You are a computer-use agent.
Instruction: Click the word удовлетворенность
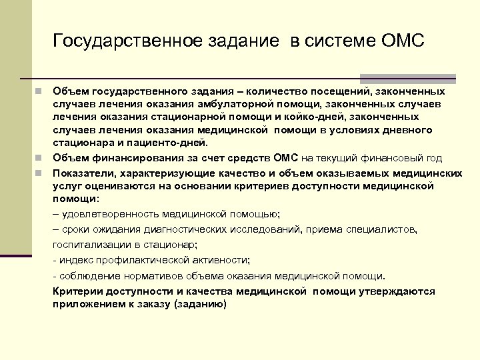point(106,214)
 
